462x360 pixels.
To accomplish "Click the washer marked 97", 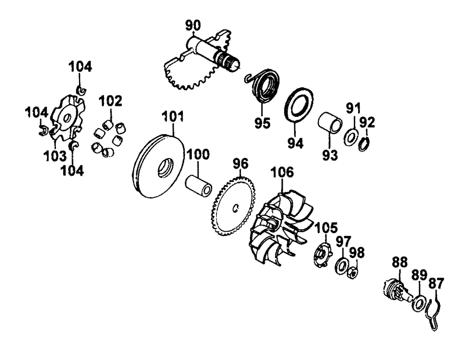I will coord(342,266).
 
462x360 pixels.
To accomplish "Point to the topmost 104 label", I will coord(80,66).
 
